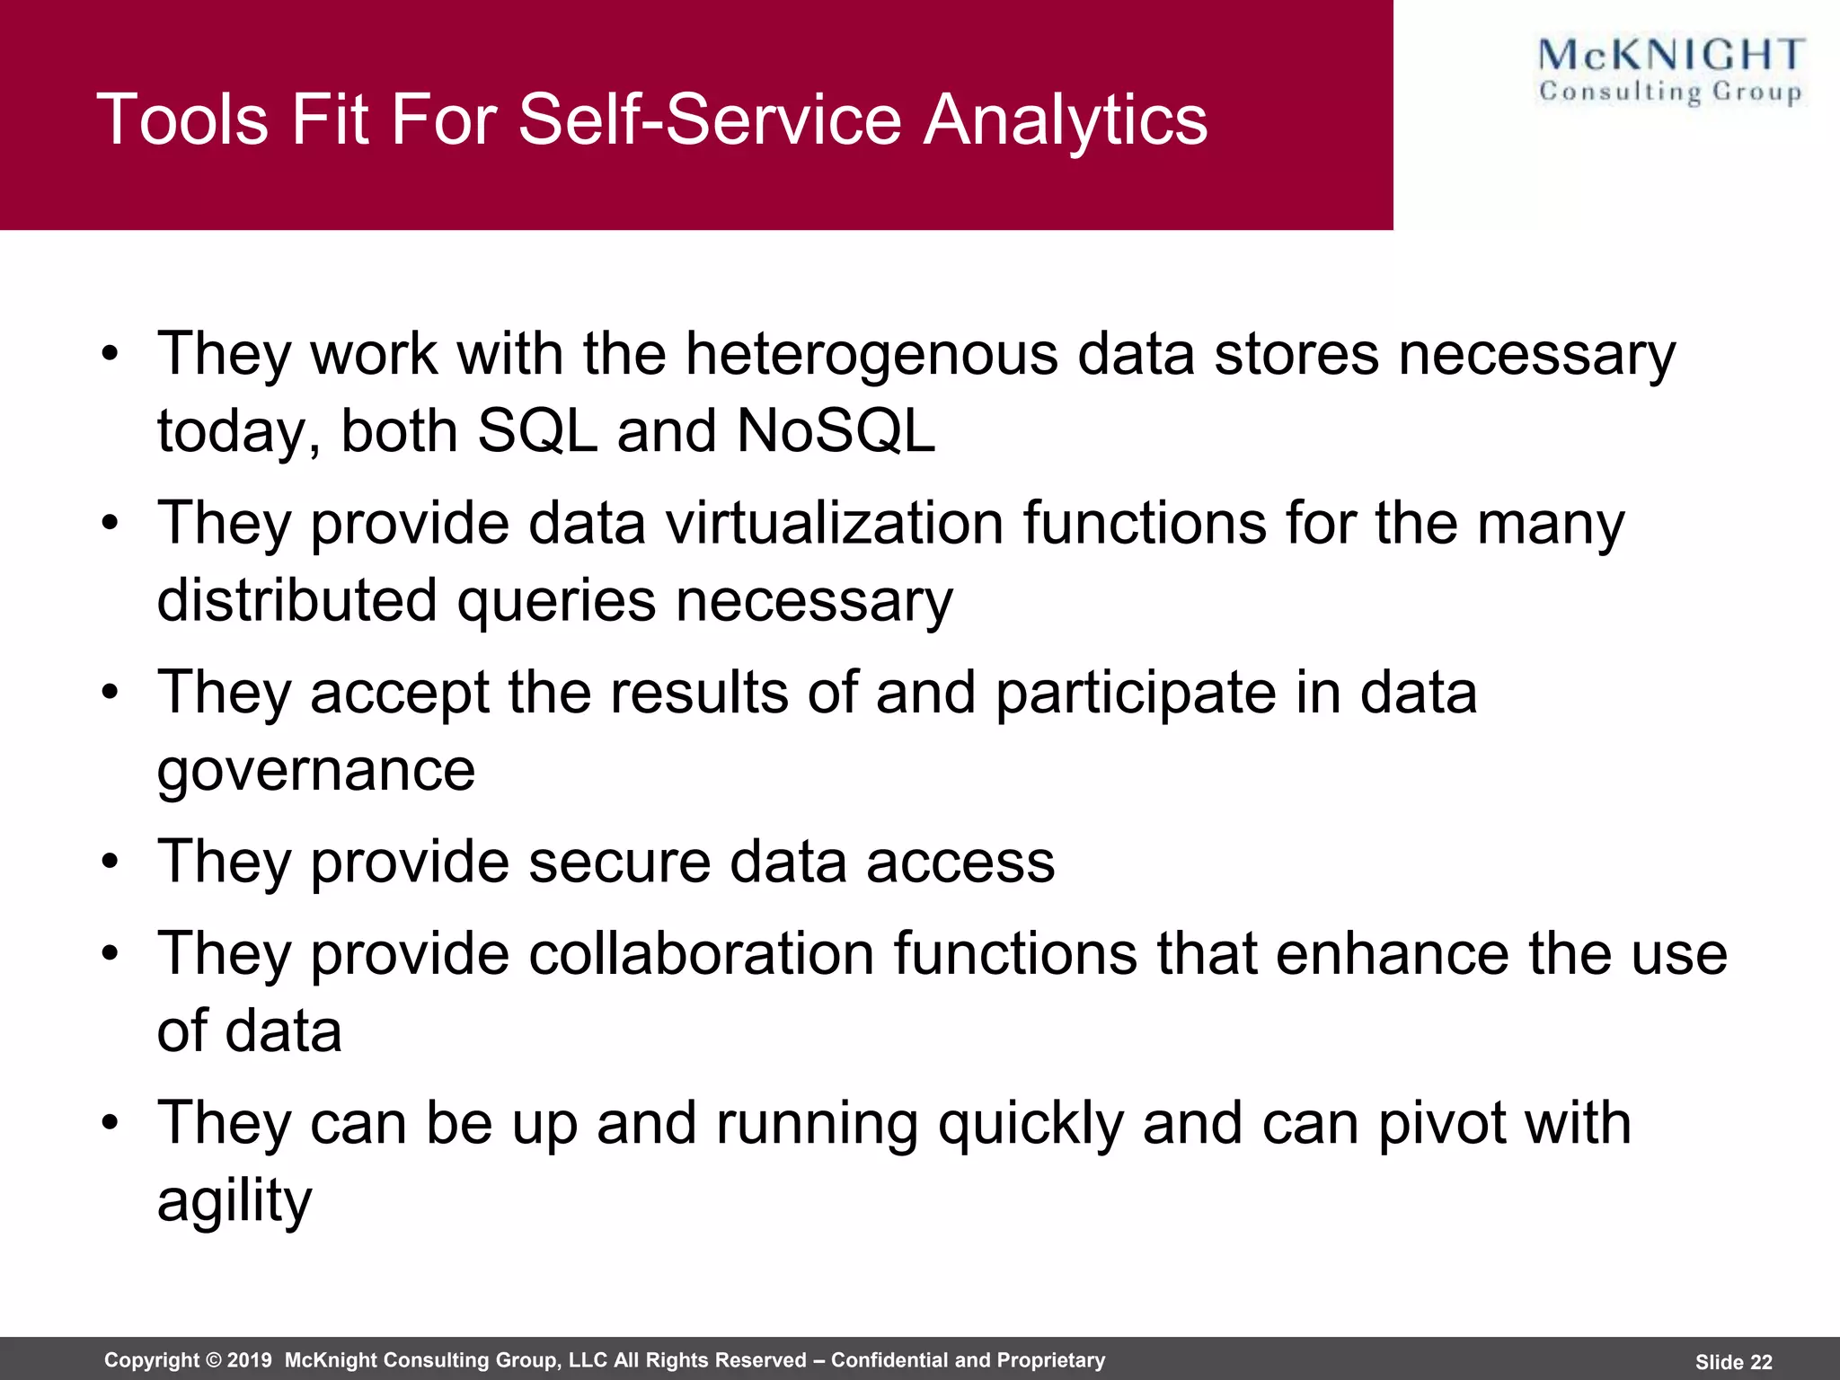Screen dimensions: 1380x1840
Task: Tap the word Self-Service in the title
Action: [x=710, y=119]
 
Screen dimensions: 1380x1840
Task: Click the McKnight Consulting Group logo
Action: [x=1670, y=71]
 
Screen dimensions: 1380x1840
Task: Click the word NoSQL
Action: [x=836, y=431]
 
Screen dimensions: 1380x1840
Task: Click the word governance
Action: [x=315, y=771]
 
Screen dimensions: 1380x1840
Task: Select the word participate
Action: [x=1135, y=693]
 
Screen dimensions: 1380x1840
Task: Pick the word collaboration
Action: [x=701, y=953]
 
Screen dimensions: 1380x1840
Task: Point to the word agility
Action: [x=234, y=1201]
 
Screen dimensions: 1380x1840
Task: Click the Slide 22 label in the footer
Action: [x=1733, y=1362]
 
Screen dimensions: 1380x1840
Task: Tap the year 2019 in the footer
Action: [x=249, y=1360]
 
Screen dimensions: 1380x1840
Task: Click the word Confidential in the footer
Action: [x=889, y=1360]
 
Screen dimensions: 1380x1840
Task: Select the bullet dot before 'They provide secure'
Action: [x=110, y=862]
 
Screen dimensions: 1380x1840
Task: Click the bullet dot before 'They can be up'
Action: [x=110, y=1123]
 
